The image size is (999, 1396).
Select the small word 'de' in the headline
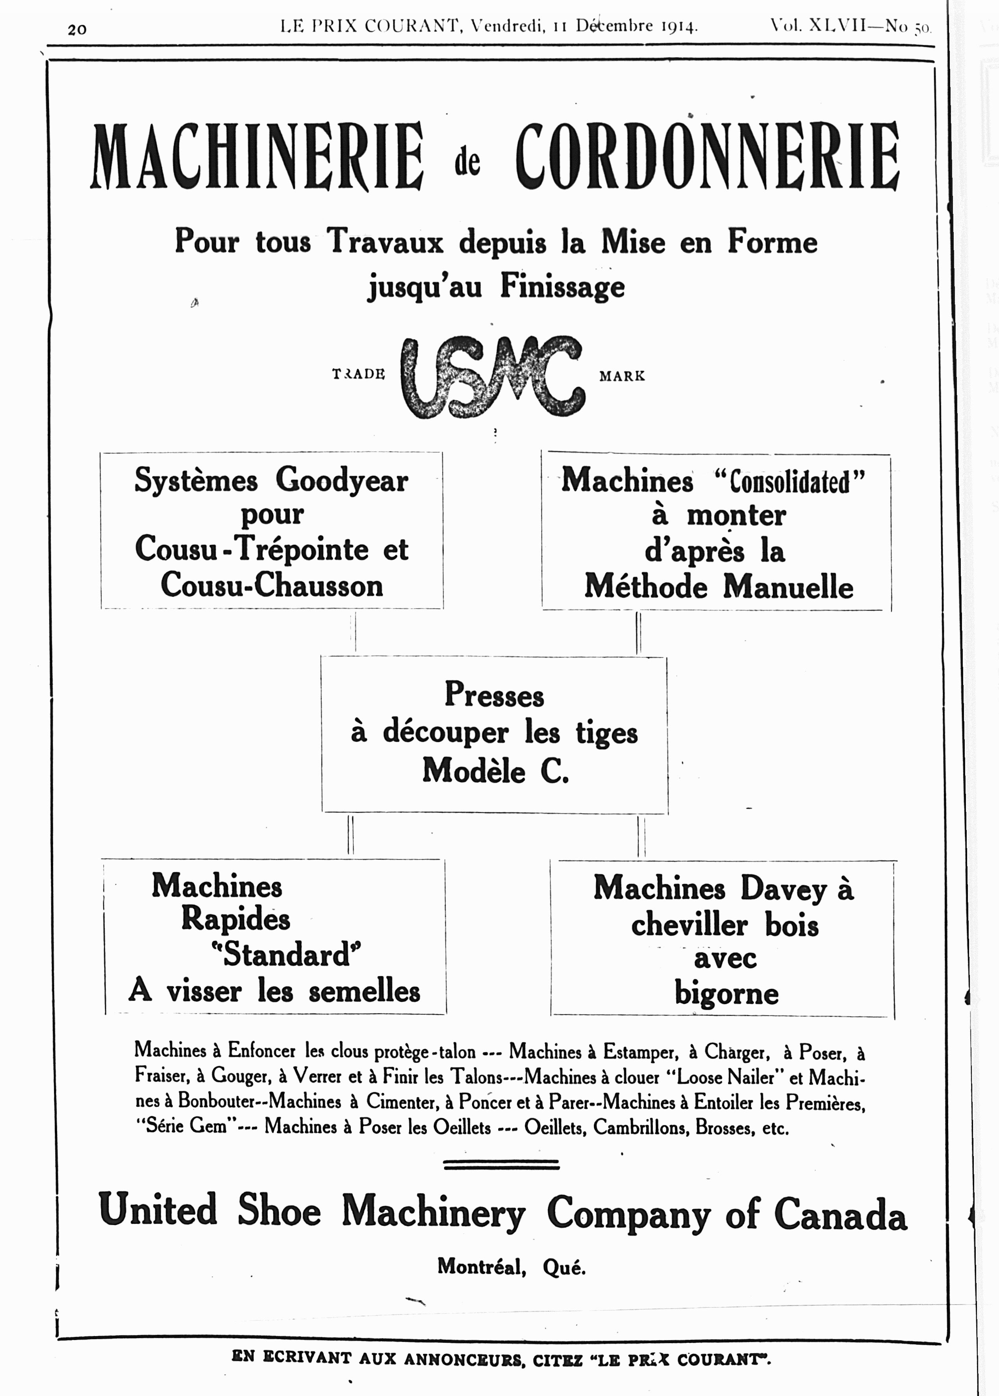467,162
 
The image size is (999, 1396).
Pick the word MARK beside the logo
622,375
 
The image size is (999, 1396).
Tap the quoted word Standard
286,954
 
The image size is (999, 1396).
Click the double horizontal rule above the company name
501,1164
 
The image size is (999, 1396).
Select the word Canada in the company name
840,1214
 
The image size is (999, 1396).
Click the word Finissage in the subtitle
562,286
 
